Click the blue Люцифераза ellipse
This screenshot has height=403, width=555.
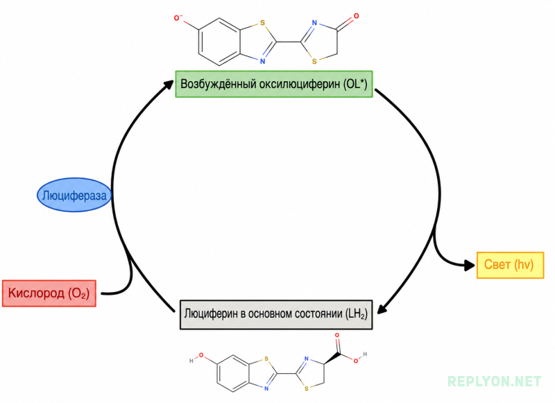point(74,195)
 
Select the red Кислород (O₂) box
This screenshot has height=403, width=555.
point(49,293)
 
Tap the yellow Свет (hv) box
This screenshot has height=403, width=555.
point(510,265)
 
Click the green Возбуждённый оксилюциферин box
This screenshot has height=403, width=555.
point(274,84)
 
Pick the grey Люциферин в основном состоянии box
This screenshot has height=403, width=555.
point(276,314)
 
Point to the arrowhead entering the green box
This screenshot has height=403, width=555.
point(168,84)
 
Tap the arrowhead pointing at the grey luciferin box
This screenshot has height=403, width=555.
point(382,308)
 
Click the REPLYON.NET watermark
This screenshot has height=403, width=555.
point(495,381)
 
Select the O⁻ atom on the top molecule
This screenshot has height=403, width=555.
point(178,18)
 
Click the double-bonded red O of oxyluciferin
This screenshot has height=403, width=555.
point(356,16)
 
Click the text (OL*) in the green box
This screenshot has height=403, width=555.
point(355,84)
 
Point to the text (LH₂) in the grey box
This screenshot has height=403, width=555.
point(356,314)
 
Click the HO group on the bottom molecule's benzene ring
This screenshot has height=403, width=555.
point(196,357)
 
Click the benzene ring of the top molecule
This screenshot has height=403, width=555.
point(219,42)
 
